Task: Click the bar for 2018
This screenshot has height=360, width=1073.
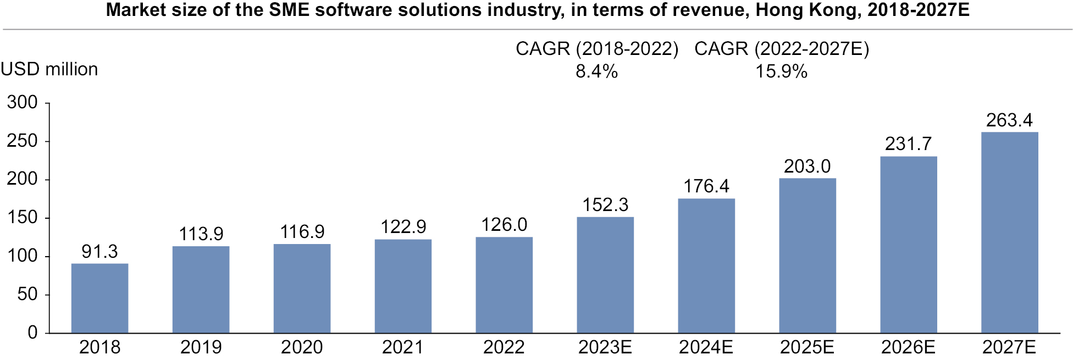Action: click(99, 298)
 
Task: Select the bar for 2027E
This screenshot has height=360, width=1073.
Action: click(1009, 232)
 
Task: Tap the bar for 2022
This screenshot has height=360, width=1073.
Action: click(504, 285)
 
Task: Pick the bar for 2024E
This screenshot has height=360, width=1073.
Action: click(706, 266)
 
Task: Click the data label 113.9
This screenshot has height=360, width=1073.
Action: click(201, 234)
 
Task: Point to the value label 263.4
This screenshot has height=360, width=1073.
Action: click(1009, 120)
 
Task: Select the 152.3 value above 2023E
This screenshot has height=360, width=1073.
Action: click(605, 205)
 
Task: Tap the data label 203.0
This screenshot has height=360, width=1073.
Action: click(807, 167)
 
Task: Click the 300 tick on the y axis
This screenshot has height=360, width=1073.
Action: click(23, 103)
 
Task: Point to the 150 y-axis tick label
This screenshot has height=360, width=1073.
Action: click(23, 218)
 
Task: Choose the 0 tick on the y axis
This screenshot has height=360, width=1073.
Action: click(32, 333)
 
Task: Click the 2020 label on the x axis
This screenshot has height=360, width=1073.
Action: click(302, 347)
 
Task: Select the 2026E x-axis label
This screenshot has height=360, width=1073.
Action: click(908, 347)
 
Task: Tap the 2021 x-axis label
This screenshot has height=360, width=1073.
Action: click(403, 347)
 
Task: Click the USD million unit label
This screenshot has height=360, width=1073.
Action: click(49, 69)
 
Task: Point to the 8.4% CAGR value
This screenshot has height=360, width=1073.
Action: click(596, 71)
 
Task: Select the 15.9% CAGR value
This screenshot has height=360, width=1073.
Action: click(781, 71)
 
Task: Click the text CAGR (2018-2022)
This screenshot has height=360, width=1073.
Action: click(597, 49)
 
